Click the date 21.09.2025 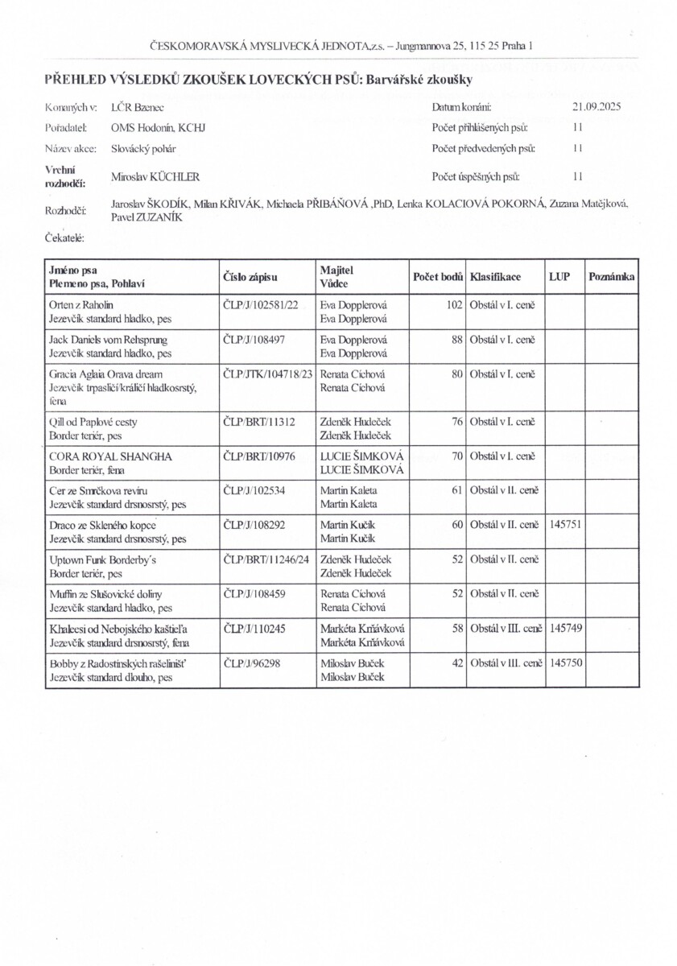click(x=597, y=106)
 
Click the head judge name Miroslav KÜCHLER click(x=155, y=177)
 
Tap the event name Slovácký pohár click(x=144, y=149)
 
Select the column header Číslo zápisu click(x=250, y=277)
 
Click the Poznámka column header click(x=612, y=277)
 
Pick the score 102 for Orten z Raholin click(x=453, y=305)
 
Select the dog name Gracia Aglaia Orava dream click(x=105, y=374)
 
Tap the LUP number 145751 click(x=564, y=524)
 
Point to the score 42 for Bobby click(x=456, y=662)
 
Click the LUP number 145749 click(x=564, y=627)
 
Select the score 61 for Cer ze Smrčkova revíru click(x=456, y=490)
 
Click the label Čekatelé click(x=66, y=237)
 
